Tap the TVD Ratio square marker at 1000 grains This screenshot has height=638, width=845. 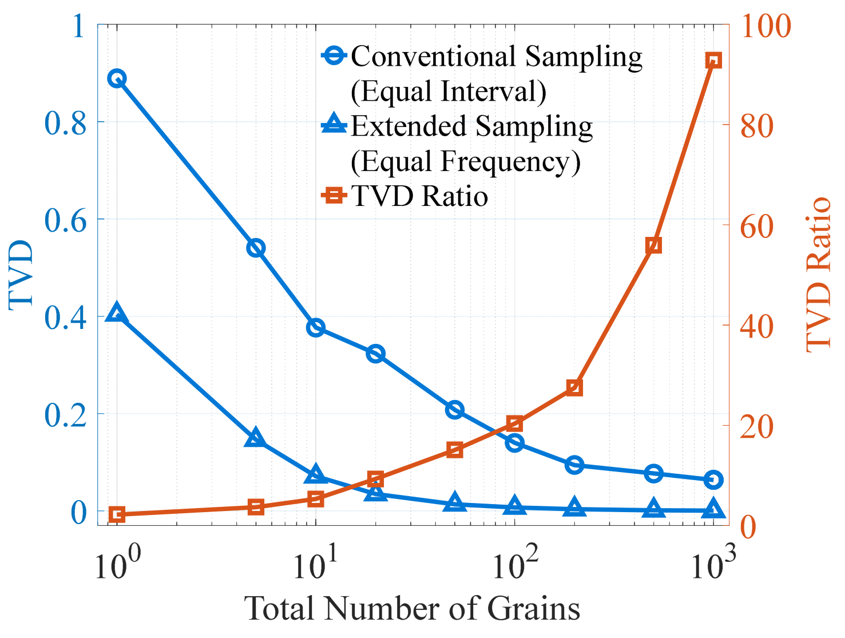click(x=713, y=61)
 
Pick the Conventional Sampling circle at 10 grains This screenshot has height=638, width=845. click(x=316, y=328)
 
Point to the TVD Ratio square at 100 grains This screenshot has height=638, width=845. click(x=514, y=424)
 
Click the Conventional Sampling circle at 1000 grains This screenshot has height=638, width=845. click(x=713, y=480)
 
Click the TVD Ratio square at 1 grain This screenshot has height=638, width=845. click(x=117, y=514)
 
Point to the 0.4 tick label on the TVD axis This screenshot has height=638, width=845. click(x=65, y=318)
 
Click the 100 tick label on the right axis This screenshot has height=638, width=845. click(x=766, y=26)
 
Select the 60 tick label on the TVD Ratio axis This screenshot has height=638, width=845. click(x=756, y=227)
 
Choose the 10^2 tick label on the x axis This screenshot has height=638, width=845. click(x=515, y=563)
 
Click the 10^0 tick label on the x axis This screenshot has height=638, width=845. click(x=117, y=563)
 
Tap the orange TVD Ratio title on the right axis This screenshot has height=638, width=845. click(x=819, y=275)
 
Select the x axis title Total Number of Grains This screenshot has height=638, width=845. click(x=412, y=608)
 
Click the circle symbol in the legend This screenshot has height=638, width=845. click(x=334, y=56)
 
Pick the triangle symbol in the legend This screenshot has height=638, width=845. click(x=334, y=123)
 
